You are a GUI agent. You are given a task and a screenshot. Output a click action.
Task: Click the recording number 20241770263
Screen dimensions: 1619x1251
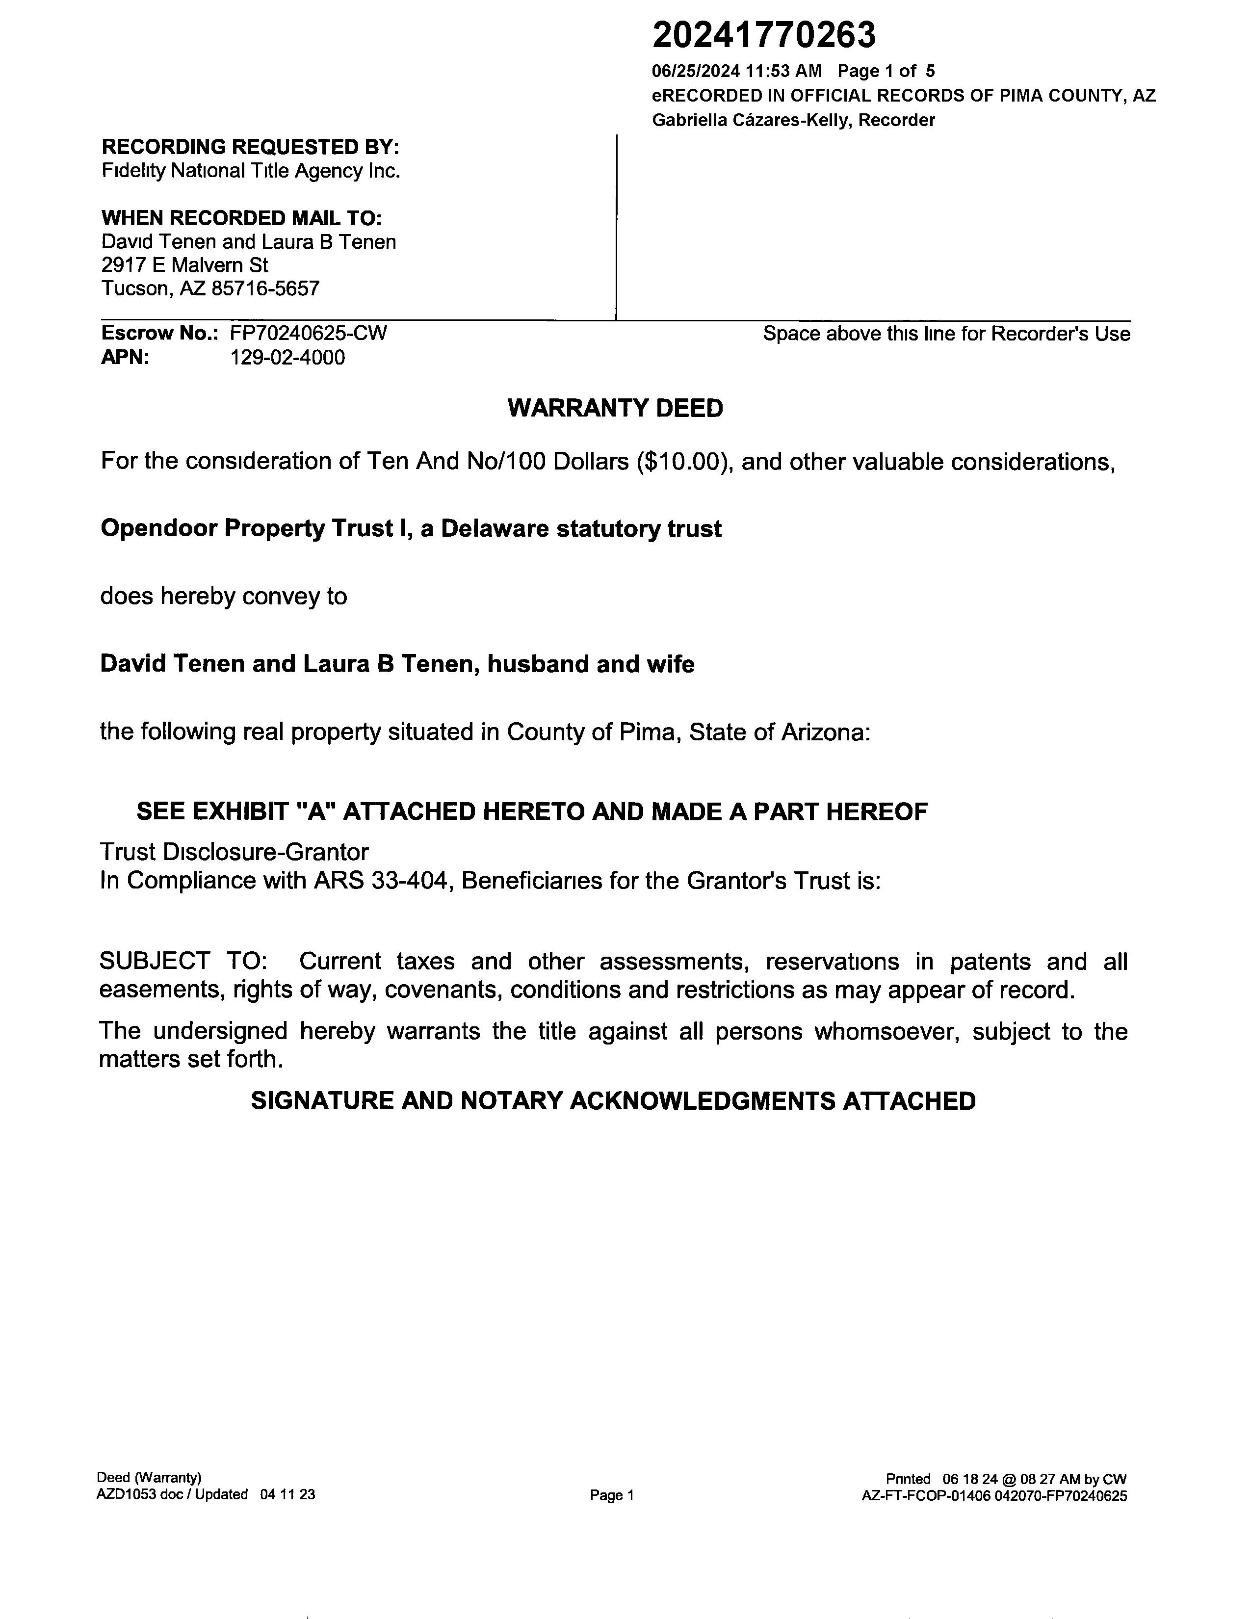763,35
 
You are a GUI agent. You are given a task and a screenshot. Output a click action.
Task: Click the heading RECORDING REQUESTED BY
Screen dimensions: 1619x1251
251,146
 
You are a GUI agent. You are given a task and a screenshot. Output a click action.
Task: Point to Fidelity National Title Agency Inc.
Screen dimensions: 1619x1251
251,171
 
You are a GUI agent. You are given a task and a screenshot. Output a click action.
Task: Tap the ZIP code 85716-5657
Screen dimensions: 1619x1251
265,288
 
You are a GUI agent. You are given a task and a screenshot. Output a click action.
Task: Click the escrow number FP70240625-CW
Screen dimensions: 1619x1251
308,333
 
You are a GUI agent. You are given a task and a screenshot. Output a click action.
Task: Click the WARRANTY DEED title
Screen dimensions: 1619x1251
615,409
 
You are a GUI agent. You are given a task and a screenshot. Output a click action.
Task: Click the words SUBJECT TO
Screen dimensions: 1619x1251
183,962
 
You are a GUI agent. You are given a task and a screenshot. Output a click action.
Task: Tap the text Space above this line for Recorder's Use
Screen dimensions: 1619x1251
946,334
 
